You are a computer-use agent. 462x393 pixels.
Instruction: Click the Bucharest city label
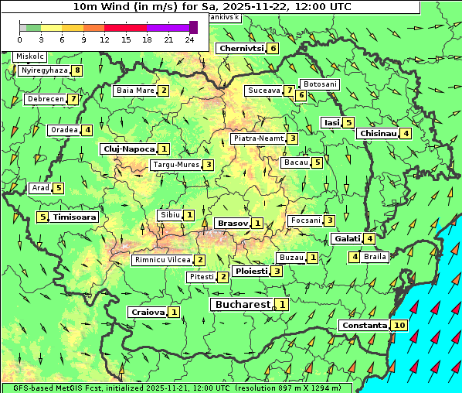(x=242, y=305)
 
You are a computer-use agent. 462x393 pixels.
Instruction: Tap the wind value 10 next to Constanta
(x=399, y=325)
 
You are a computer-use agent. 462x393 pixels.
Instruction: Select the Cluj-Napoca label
(x=128, y=149)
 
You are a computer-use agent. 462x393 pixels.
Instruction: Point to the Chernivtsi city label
(x=242, y=48)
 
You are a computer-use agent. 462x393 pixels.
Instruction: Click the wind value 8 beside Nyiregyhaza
(x=76, y=70)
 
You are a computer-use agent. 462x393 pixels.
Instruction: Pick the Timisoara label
(x=75, y=217)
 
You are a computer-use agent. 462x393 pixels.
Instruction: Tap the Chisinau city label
(x=378, y=133)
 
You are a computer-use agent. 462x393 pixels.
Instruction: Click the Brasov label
(x=232, y=223)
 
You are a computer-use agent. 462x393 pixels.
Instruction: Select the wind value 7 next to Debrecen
(x=73, y=99)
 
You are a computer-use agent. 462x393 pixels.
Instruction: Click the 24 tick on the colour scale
(x=189, y=39)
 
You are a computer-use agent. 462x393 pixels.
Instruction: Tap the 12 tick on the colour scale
(x=104, y=39)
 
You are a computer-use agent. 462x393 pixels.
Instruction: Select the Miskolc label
(x=30, y=56)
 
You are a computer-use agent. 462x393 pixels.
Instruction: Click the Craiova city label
(x=148, y=312)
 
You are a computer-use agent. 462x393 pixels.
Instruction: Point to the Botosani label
(x=320, y=84)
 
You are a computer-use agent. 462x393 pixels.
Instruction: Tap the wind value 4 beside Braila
(x=355, y=257)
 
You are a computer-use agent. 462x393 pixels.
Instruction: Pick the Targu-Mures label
(x=175, y=165)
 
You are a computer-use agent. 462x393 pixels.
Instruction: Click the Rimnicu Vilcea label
(x=161, y=260)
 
